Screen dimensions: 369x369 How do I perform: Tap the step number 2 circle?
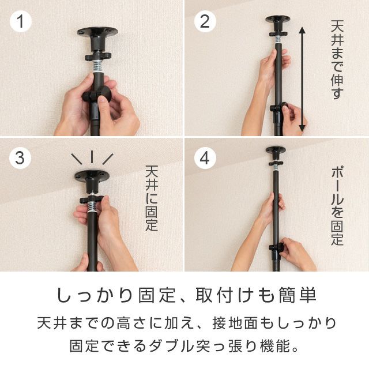(205, 21)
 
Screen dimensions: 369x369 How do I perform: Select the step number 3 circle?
(20, 157)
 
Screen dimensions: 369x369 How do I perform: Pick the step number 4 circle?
(205, 157)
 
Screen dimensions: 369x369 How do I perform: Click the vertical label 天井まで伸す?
(337, 59)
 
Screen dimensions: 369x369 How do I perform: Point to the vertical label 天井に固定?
(152, 198)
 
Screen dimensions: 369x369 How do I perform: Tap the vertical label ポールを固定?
(337, 206)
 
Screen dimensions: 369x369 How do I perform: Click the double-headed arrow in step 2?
(302, 79)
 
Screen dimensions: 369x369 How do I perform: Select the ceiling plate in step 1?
(97, 32)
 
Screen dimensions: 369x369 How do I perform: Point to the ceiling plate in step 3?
(92, 175)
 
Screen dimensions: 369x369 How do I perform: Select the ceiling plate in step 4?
(276, 149)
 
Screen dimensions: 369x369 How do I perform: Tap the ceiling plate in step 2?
(278, 19)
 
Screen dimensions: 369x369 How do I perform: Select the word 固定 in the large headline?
(157, 296)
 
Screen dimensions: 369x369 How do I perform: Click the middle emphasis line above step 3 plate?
(92, 157)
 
